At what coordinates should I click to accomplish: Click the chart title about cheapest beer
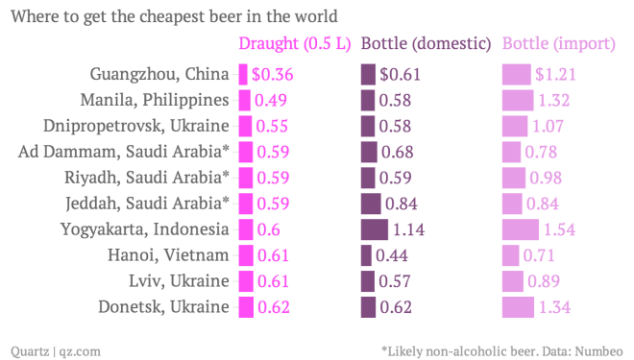[x=174, y=16]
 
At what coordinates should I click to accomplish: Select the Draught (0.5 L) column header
[x=294, y=44]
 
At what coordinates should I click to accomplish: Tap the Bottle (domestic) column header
[x=426, y=44]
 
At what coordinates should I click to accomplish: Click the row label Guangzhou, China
[x=159, y=74]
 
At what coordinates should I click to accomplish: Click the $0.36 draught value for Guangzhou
[x=273, y=74]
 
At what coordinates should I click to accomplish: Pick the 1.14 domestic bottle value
[x=409, y=229]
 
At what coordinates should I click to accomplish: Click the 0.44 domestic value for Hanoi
[x=392, y=255]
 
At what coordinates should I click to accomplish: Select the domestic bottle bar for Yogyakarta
[x=374, y=229]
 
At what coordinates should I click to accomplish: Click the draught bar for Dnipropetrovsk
[x=245, y=126]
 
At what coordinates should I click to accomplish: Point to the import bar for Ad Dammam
[x=512, y=152]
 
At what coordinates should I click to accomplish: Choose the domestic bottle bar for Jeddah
[x=370, y=204]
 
